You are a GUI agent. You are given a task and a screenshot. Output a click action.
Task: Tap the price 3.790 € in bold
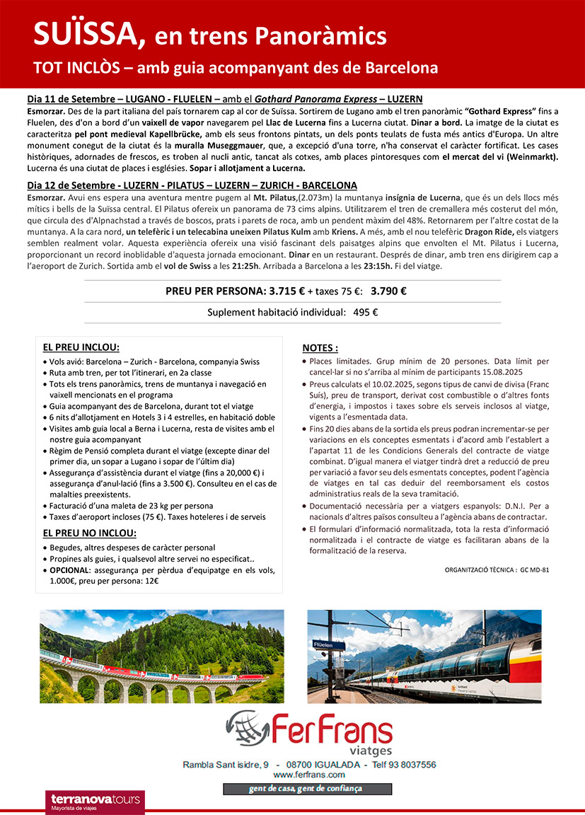[388, 290]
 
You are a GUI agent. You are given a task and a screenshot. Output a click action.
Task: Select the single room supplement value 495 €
[365, 312]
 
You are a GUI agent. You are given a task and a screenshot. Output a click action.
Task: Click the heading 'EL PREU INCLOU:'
[81, 347]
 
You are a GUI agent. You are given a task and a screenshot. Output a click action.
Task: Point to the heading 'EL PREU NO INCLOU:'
[90, 533]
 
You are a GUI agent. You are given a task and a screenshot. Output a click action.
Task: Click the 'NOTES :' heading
[320, 348]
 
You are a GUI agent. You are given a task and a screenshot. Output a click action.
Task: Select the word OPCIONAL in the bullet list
[69, 570]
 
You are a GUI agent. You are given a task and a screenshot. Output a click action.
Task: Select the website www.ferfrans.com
[308, 775]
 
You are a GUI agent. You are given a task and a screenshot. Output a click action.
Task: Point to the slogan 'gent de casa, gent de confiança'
[307, 788]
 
